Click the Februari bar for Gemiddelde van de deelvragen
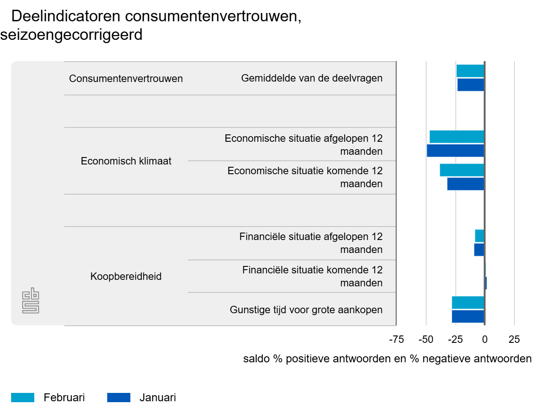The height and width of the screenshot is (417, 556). [x=470, y=71]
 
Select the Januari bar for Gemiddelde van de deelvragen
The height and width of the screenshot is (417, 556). [x=470, y=85]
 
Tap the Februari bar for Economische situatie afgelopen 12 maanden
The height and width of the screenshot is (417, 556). [x=456, y=137]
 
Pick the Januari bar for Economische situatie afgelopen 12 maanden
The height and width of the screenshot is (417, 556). [x=455, y=151]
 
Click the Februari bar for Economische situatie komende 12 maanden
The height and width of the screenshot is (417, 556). [x=461, y=170]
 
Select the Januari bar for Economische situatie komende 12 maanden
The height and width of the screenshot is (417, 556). [x=465, y=184]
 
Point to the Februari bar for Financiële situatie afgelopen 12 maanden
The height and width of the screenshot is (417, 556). [x=479, y=236]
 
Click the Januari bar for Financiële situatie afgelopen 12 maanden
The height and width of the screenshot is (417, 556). [x=479, y=250]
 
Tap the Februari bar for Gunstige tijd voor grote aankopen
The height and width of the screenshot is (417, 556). [x=468, y=303]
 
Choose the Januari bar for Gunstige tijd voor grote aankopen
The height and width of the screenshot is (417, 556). [x=468, y=316]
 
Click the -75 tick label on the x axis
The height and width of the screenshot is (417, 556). [x=396, y=340]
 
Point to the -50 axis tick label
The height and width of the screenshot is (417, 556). [x=426, y=340]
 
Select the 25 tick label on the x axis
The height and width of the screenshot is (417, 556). [x=514, y=340]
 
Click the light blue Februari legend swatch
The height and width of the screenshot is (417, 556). [x=23, y=398]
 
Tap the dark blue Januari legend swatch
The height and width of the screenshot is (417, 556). [x=119, y=398]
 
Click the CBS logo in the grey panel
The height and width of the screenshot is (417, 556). [x=31, y=301]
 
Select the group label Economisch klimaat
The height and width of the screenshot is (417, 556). [x=126, y=161]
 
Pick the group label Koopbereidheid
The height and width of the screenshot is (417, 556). [x=126, y=277]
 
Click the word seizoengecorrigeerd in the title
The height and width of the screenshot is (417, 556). [x=71, y=35]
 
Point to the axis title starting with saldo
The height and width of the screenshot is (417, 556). [x=387, y=359]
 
